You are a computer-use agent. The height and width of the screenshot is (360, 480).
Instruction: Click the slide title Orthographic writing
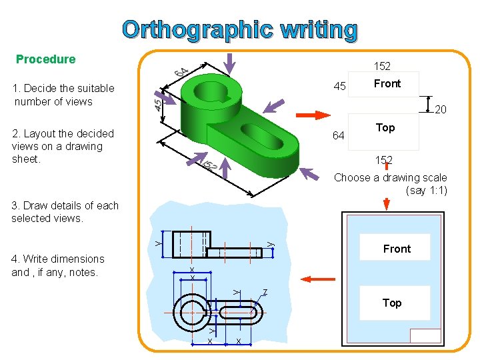(x=240, y=30)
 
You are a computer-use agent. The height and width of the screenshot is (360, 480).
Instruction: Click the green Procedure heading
(x=45, y=59)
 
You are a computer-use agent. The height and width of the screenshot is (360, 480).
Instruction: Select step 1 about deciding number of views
(x=63, y=95)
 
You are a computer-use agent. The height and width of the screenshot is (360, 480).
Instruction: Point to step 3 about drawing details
(x=65, y=212)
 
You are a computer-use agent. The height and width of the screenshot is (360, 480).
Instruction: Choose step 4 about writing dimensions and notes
(x=58, y=265)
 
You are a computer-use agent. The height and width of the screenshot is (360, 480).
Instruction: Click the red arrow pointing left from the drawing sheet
(x=318, y=279)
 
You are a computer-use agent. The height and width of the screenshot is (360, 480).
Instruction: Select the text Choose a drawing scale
(x=391, y=178)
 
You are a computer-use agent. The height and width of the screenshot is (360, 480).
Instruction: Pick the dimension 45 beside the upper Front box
(x=339, y=87)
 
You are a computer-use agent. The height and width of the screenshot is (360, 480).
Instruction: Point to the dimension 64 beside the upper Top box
(x=338, y=137)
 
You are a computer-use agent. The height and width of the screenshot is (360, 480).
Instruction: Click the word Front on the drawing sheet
(x=397, y=249)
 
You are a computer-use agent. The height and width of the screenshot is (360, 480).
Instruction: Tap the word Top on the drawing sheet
(x=392, y=303)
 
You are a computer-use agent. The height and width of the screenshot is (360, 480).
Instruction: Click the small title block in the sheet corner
(x=425, y=336)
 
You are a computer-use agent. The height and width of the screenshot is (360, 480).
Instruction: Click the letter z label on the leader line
(x=265, y=292)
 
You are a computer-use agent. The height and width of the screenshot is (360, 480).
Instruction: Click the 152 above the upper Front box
(x=382, y=66)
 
